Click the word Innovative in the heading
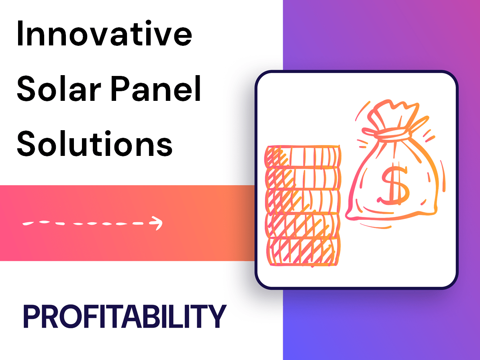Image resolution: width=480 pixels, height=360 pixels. coord(104,35)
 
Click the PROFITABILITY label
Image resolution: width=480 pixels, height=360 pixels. coord(125,317)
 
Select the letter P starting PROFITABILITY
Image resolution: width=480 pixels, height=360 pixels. coord(32,317)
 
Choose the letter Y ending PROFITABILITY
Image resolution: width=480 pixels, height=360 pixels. coord(218,317)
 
